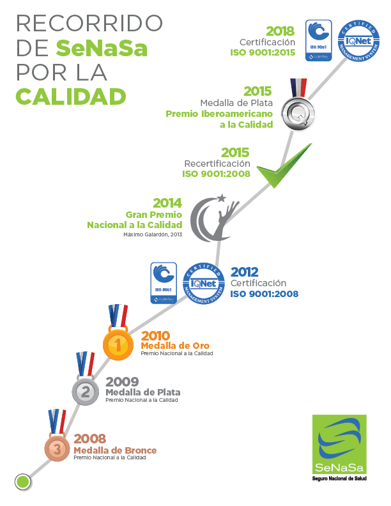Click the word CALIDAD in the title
[x=70, y=96]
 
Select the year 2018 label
[x=280, y=31]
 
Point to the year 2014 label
[x=167, y=203]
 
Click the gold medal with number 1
[x=118, y=345]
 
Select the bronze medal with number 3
[x=57, y=448]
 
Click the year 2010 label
[x=155, y=335]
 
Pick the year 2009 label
[x=122, y=382]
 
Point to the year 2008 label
[x=90, y=439]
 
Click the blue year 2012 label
[x=245, y=272]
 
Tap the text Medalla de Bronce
[x=115, y=450]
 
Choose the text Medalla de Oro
[x=175, y=346]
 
